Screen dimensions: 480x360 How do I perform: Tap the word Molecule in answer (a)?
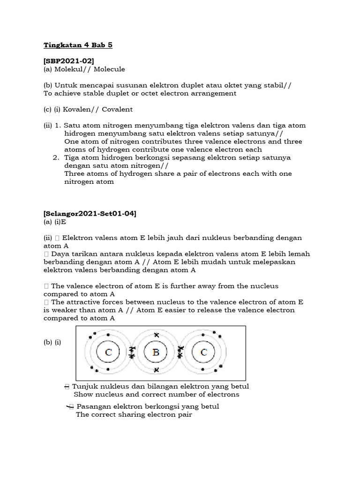pos(109,69)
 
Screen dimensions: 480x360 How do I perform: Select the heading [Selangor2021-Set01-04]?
pos(90,214)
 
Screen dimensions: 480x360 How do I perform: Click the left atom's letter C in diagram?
pos(108,352)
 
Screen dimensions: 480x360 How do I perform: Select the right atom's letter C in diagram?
pos(203,352)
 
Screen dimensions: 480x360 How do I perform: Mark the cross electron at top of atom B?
pos(156,335)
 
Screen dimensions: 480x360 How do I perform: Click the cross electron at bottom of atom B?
pos(156,370)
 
